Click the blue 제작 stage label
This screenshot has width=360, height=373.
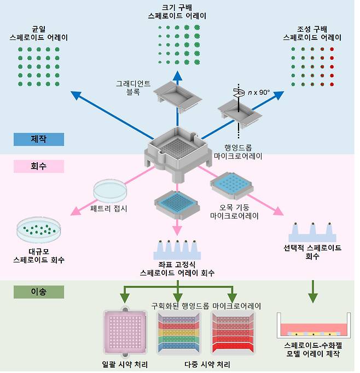tap(39, 139)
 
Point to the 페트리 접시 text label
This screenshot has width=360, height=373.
tap(109, 208)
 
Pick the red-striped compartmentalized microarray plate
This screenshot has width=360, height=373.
tap(233, 334)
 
